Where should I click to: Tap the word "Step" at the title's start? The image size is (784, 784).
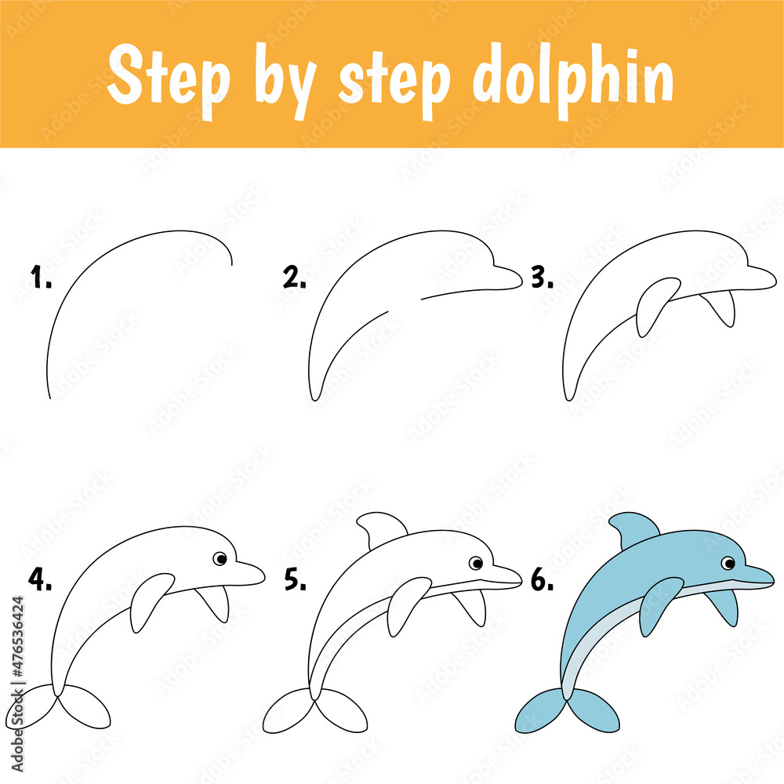click(x=169, y=80)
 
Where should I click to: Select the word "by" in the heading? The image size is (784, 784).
click(x=286, y=82)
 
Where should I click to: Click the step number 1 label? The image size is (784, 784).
click(x=41, y=277)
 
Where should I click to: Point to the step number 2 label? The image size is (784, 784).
click(x=295, y=277)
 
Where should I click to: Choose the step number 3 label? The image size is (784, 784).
click(x=542, y=277)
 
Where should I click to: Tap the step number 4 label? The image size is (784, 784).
click(x=40, y=579)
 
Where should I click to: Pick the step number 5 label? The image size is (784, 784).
click(x=296, y=579)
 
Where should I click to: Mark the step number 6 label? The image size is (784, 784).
click(x=542, y=579)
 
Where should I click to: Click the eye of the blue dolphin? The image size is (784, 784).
click(x=728, y=563)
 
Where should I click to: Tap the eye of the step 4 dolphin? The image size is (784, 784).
click(x=220, y=558)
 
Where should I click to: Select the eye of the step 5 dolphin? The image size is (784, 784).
click(x=476, y=563)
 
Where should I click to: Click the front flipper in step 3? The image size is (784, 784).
click(x=655, y=305)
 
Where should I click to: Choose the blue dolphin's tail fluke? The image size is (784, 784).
click(x=568, y=711)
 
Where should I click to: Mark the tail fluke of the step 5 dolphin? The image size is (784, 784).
click(x=315, y=711)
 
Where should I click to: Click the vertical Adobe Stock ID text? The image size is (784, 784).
click(x=17, y=684)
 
